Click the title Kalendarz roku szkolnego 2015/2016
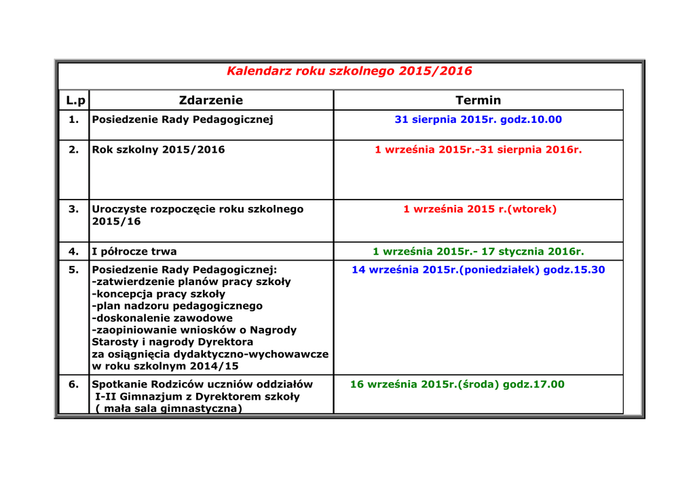[349, 71]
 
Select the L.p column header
[76, 100]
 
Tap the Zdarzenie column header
[210, 100]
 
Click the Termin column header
[478, 100]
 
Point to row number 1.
[74, 119]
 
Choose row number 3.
[74, 209]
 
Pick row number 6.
[74, 384]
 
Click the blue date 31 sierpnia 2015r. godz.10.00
[478, 119]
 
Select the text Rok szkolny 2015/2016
[158, 149]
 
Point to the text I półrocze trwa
[134, 252]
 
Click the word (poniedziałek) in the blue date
[500, 270]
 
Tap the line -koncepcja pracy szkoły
[158, 295]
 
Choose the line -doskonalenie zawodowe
[162, 318]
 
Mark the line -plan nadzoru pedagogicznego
[176, 306]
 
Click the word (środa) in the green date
[479, 384]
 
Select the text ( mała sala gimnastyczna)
[168, 409]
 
